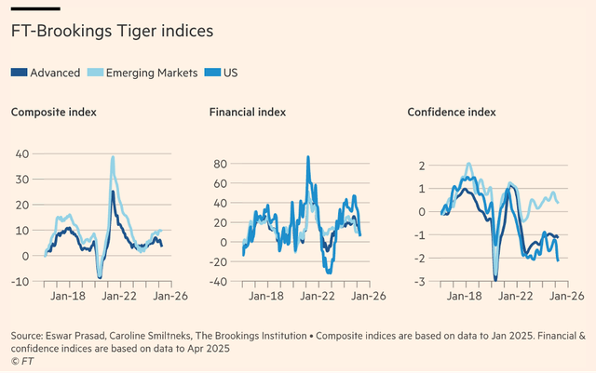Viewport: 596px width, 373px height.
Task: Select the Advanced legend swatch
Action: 19,73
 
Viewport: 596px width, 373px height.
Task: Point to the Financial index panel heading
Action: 248,113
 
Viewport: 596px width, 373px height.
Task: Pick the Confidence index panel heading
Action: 452,113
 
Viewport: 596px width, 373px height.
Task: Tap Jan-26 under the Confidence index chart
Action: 564,298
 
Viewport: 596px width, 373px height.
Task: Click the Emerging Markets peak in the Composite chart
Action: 113,157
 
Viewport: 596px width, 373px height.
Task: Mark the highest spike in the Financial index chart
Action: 307,156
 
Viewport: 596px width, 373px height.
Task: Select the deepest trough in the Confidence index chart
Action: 494,278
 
